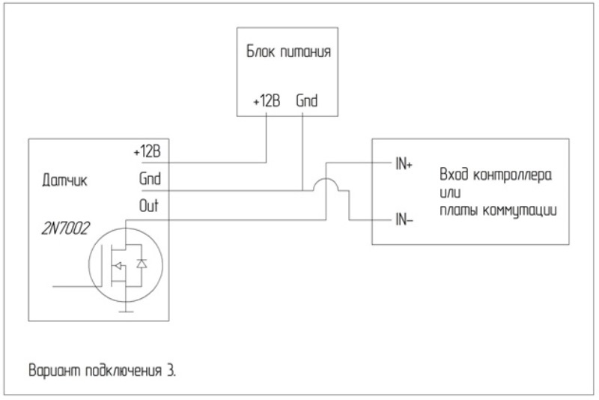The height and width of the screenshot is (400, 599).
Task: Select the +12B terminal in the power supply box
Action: pyautogui.click(x=266, y=100)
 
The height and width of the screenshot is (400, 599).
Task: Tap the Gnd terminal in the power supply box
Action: pyautogui.click(x=307, y=100)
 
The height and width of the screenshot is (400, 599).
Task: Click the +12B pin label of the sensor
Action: pyautogui.click(x=147, y=151)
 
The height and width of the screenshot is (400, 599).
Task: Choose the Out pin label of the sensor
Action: pyautogui.click(x=149, y=205)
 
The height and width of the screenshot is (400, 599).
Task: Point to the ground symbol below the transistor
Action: pyautogui.click(x=125, y=309)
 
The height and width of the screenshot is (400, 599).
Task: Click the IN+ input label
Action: pyautogui.click(x=404, y=163)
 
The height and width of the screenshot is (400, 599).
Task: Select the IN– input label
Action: pyautogui.click(x=404, y=220)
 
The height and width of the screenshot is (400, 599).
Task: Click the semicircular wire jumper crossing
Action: pyautogui.click(x=326, y=184)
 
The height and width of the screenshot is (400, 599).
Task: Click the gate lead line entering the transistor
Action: pyautogui.click(x=75, y=285)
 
